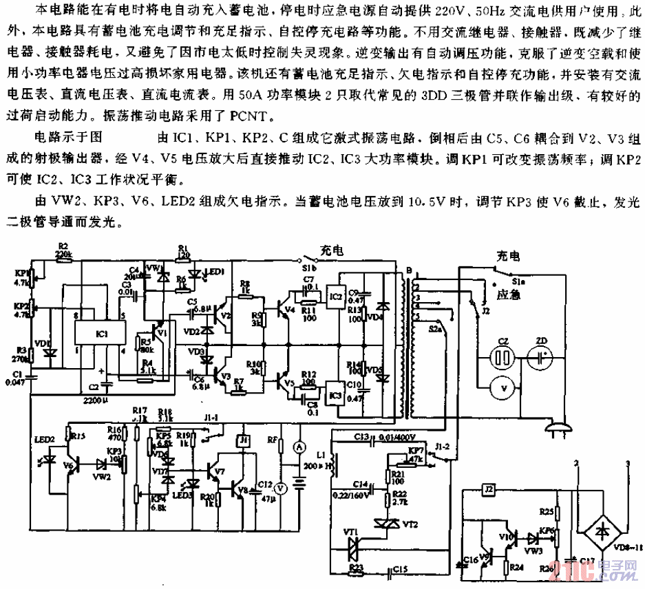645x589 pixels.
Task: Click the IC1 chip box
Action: (102, 334)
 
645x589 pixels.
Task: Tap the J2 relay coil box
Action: (488, 491)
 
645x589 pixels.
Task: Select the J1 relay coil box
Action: (243, 440)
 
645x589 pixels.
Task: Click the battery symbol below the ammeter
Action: (299, 482)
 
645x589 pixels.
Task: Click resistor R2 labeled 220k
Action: (63, 254)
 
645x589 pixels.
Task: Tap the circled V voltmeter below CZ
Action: (505, 389)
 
